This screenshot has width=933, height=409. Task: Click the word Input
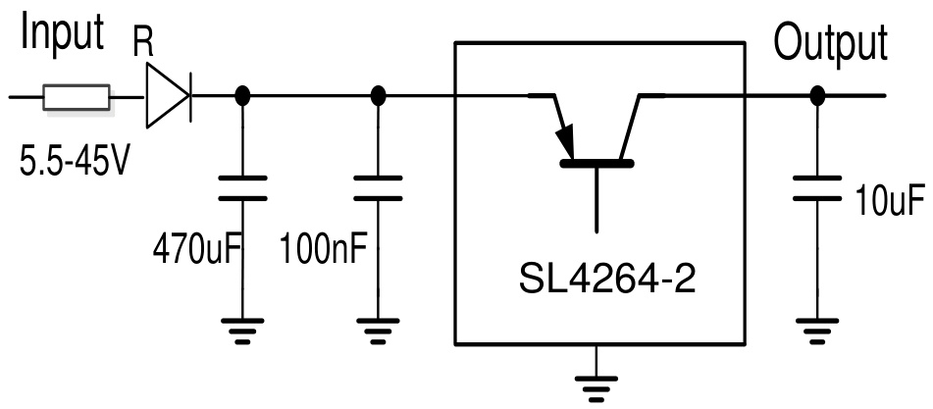62,33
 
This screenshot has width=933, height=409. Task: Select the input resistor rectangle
76,97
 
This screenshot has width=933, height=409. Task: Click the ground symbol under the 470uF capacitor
242,331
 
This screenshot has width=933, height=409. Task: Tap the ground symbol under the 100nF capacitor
378,331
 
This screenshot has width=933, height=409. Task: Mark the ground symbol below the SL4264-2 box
594,386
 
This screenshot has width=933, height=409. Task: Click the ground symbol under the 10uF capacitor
814,331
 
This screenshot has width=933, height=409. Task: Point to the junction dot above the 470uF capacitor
242,97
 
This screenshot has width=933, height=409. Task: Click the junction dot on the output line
814,97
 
